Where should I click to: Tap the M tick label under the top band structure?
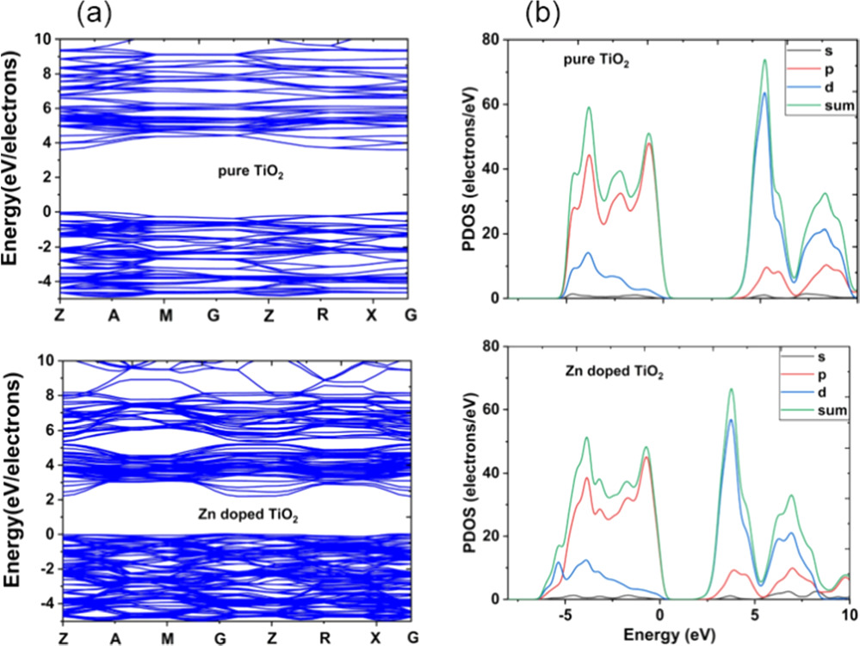[166, 315]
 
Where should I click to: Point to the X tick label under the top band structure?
[372, 315]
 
